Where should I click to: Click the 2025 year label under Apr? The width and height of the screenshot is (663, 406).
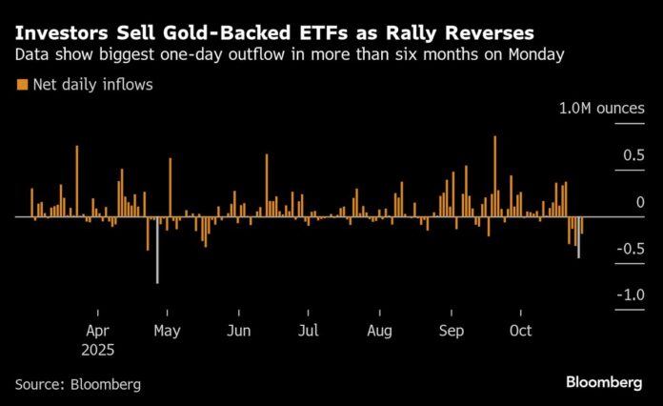click(97, 350)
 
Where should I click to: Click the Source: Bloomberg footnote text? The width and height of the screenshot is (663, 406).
click(77, 384)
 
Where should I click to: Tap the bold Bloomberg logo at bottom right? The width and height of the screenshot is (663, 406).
click(604, 382)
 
